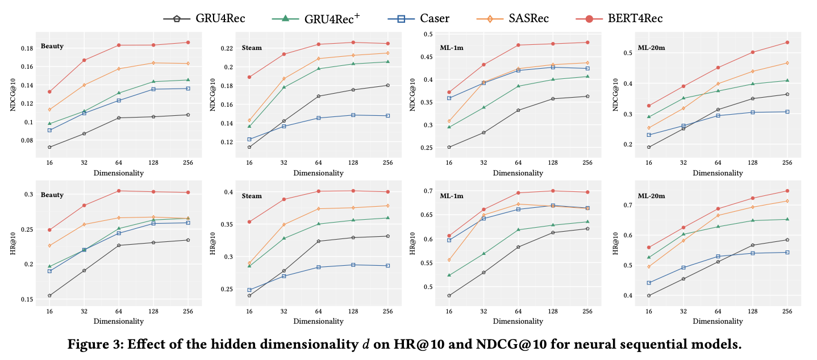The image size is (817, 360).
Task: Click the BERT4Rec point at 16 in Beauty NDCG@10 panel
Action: click(x=49, y=91)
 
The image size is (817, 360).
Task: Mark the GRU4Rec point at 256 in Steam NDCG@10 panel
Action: click(x=387, y=85)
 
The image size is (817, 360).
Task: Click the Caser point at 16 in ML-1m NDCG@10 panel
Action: click(x=449, y=98)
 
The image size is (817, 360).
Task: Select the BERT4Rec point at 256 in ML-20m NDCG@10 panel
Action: click(x=787, y=43)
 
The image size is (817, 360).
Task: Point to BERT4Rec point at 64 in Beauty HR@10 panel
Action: click(x=119, y=191)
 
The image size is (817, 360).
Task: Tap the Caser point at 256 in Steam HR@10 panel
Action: click(x=387, y=266)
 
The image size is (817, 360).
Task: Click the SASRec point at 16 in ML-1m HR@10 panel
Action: click(x=449, y=260)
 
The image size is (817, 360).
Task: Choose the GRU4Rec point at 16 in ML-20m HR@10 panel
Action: click(x=649, y=295)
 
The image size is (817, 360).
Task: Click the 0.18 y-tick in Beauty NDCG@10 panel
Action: click(x=26, y=48)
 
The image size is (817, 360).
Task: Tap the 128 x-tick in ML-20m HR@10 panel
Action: click(x=753, y=312)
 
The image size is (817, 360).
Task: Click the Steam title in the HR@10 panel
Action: click(x=252, y=196)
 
